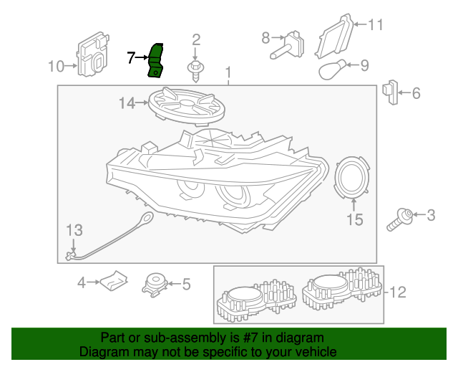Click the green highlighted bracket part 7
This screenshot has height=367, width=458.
(x=156, y=59)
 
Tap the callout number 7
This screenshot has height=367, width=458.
(x=131, y=57)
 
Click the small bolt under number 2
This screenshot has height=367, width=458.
(x=195, y=69)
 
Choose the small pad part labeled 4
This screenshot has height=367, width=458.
(x=113, y=282)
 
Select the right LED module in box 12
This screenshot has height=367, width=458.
(x=339, y=292)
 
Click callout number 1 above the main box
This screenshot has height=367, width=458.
(x=228, y=72)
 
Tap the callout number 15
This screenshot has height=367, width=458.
(x=355, y=219)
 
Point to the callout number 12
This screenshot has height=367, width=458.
(x=398, y=292)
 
